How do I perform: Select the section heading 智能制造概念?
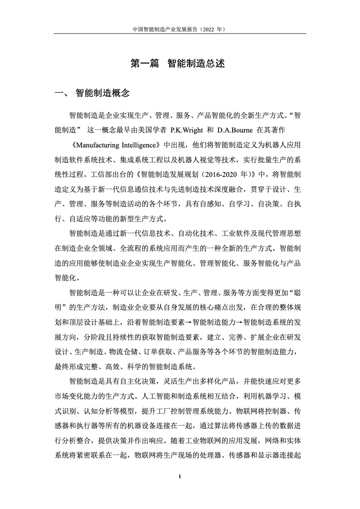pos(103,93)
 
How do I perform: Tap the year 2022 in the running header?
pos(205,28)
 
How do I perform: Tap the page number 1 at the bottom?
pos(180,476)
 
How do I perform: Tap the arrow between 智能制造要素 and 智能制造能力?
pos(189,323)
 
